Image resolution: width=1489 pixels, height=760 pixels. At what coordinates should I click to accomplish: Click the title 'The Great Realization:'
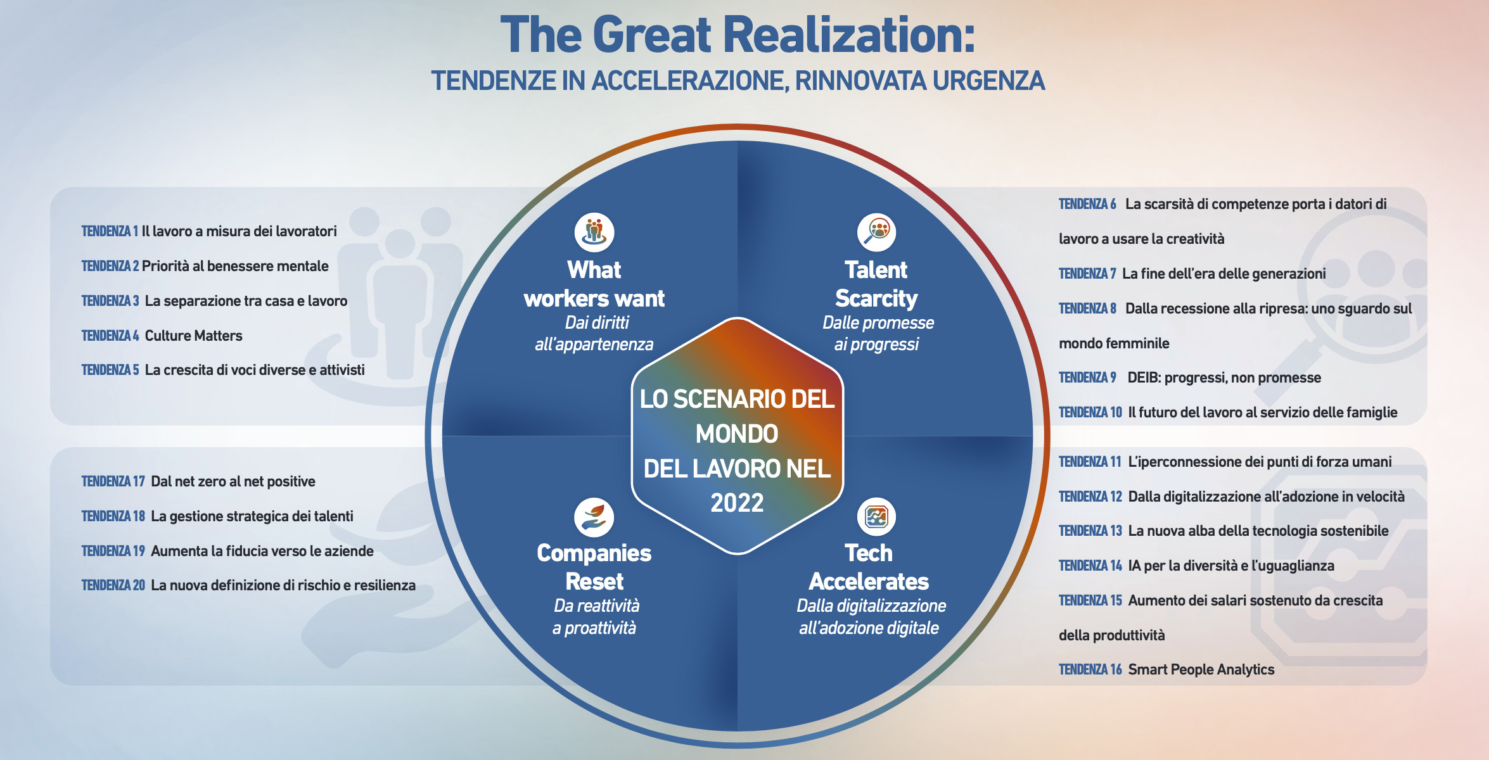[x=738, y=35]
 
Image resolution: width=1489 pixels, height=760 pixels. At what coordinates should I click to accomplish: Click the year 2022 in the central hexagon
[x=737, y=503]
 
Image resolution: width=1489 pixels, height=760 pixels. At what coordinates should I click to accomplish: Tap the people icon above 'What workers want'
[x=594, y=232]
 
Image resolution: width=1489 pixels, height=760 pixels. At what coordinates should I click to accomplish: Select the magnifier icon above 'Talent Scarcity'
[x=877, y=232]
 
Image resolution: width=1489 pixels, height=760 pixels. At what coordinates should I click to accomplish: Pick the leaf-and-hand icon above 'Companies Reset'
[x=594, y=517]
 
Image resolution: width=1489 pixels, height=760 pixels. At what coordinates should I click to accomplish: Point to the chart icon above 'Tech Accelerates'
[x=876, y=517]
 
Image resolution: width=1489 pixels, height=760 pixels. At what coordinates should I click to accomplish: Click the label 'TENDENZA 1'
[x=110, y=231]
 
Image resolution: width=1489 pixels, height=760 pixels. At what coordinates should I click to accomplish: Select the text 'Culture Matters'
[x=194, y=336]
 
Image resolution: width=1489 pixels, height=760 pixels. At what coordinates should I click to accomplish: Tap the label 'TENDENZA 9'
[x=1087, y=377]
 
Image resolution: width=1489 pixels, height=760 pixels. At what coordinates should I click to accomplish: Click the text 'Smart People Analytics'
[x=1201, y=669]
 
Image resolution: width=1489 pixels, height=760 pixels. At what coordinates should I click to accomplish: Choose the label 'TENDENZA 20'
[x=113, y=585]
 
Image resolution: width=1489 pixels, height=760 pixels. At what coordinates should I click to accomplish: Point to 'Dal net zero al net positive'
[x=233, y=481]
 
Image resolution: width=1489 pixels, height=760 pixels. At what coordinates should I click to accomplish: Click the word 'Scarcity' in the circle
[x=876, y=298]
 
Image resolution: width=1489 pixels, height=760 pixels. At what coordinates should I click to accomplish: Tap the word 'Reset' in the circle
[x=594, y=581]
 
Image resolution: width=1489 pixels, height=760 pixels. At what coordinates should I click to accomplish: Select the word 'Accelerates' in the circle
[x=869, y=581]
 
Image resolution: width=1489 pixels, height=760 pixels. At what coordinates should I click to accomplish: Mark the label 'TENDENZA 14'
[x=1090, y=566]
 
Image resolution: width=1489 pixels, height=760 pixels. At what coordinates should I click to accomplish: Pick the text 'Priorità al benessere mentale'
[x=235, y=266]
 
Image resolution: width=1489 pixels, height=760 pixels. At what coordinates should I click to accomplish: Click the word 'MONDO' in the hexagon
[x=737, y=434]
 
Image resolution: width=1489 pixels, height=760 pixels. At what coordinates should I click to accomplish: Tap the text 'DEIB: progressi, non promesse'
[x=1224, y=377]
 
